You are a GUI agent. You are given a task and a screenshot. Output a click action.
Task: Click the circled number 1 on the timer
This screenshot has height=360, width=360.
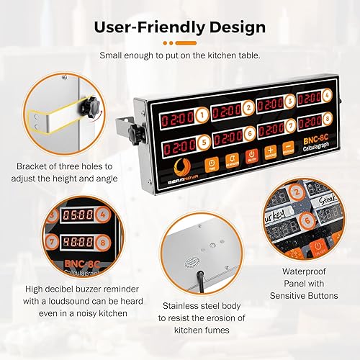pyautogui.click(x=203, y=114)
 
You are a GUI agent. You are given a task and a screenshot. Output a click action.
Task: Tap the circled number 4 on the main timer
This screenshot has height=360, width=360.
pyautogui.click(x=327, y=94)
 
